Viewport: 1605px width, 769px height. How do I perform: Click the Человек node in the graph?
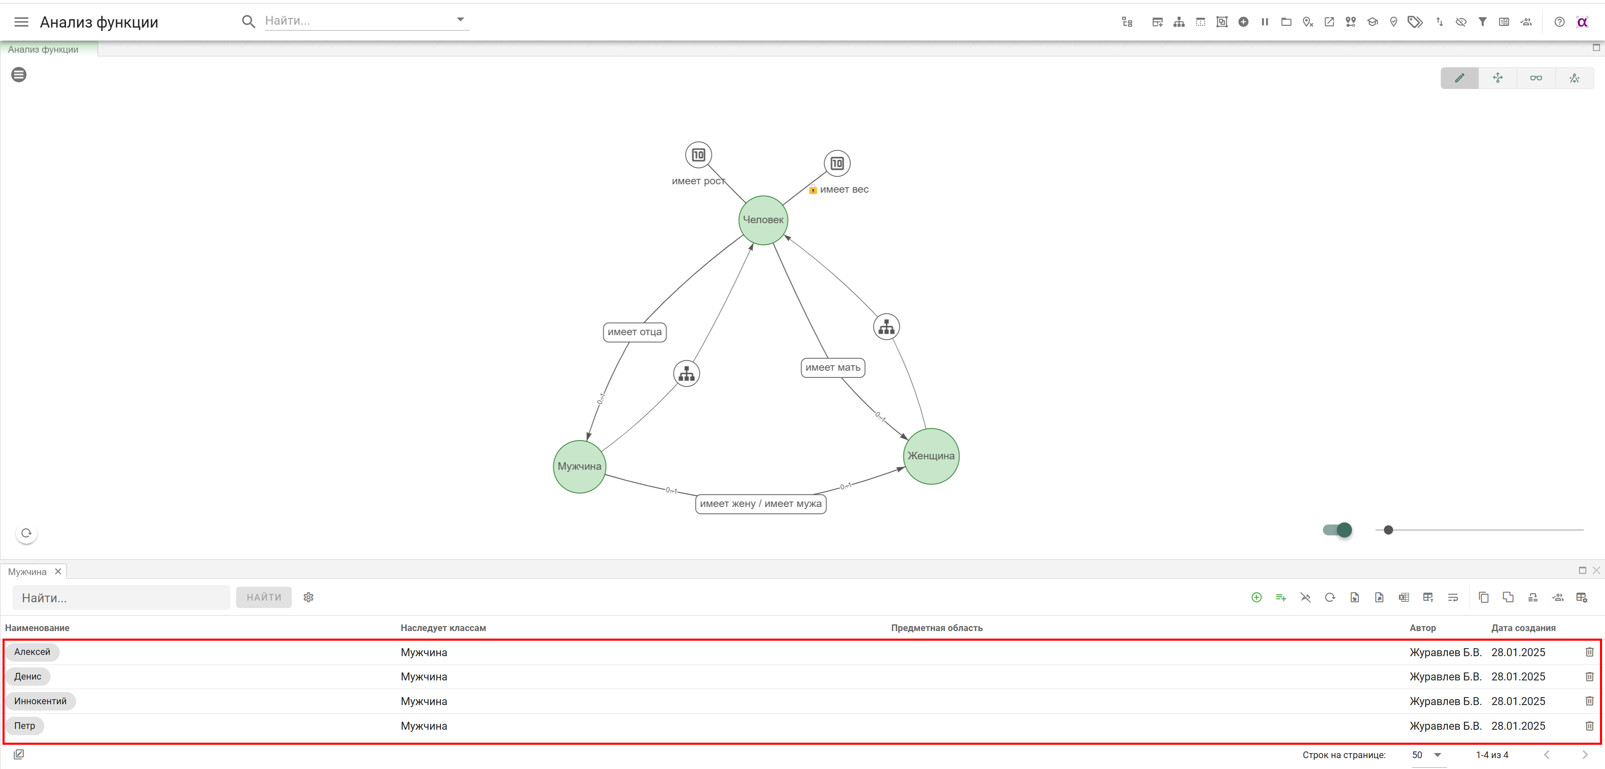pyautogui.click(x=763, y=220)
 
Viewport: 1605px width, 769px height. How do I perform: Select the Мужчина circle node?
pyautogui.click(x=579, y=466)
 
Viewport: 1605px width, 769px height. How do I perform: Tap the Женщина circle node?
pyautogui.click(x=931, y=456)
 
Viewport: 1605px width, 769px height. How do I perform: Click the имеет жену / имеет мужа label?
pyautogui.click(x=760, y=504)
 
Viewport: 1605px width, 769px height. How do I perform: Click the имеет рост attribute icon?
pyautogui.click(x=698, y=155)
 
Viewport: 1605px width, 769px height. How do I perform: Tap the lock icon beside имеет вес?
pyautogui.click(x=813, y=189)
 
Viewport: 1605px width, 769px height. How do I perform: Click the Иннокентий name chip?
pyautogui.click(x=41, y=701)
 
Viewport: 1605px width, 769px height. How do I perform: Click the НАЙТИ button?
pyautogui.click(x=264, y=597)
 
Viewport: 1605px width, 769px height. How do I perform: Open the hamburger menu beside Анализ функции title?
pyautogui.click(x=21, y=22)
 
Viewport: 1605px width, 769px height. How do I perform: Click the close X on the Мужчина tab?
pyautogui.click(x=58, y=571)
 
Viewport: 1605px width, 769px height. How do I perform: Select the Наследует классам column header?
pyautogui.click(x=443, y=628)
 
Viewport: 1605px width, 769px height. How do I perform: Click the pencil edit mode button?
pyautogui.click(x=1459, y=78)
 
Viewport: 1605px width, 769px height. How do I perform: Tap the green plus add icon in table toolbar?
pyautogui.click(x=1256, y=597)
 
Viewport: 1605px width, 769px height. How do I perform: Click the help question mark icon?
pyautogui.click(x=1559, y=22)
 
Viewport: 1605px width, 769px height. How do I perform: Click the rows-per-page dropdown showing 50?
pyautogui.click(x=1427, y=755)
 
